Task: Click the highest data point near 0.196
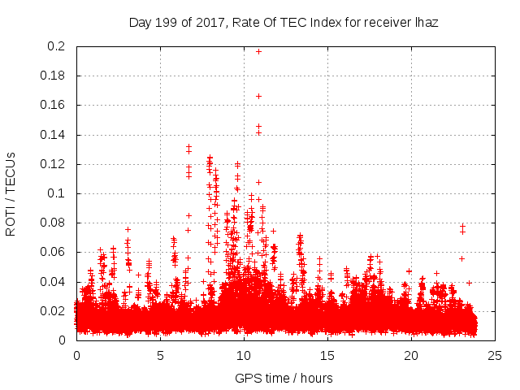point(259,51)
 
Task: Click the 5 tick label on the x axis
point(160,355)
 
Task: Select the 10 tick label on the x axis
point(244,355)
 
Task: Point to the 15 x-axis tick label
point(327,355)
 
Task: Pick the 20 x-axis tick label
point(411,355)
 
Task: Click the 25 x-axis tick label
point(495,355)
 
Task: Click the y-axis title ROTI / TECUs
point(11,193)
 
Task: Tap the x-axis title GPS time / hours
point(284,378)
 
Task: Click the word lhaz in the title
point(426,22)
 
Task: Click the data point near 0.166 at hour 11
point(259,96)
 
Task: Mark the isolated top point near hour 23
point(462,226)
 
